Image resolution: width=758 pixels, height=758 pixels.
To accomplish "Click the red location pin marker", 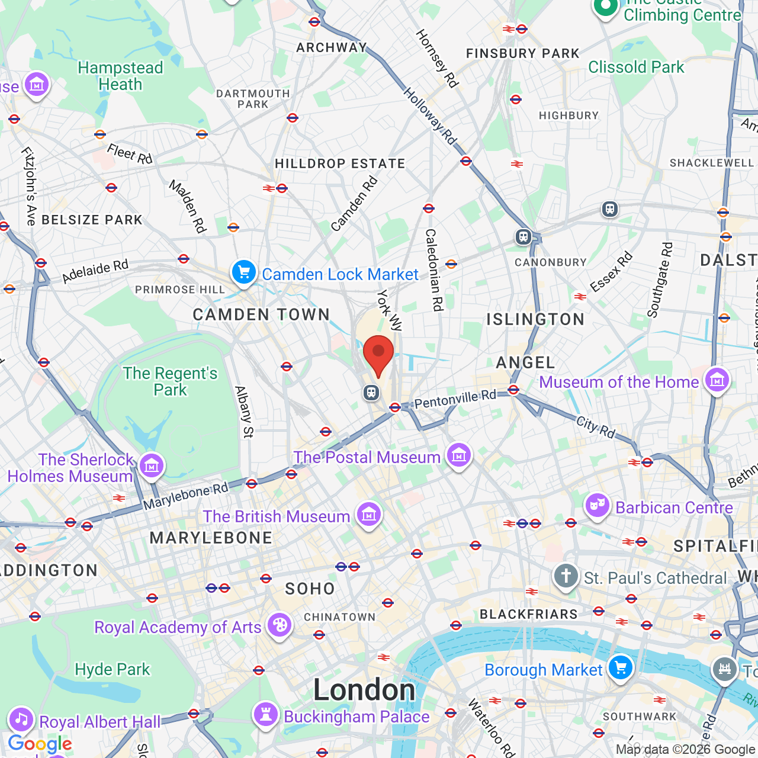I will [x=378, y=354].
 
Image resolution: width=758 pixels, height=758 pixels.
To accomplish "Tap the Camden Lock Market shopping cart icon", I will [x=243, y=272].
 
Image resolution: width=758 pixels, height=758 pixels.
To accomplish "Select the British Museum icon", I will [x=369, y=515].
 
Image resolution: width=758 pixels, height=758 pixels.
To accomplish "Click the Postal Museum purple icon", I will [x=459, y=455].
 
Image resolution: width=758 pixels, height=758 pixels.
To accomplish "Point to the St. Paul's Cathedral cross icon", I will [x=566, y=576].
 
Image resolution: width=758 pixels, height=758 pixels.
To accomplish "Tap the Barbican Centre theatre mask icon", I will [x=598, y=506].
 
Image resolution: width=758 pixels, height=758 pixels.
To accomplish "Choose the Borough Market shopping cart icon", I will [x=620, y=668].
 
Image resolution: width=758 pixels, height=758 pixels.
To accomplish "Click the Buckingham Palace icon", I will [x=266, y=715].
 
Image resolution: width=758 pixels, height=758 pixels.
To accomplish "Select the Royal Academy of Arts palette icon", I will [x=279, y=625].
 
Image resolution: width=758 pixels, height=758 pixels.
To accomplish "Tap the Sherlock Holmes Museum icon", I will [x=152, y=465].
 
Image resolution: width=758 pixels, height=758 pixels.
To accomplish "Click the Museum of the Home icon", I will [x=717, y=380].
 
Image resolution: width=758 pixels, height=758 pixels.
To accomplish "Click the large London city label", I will [x=364, y=690].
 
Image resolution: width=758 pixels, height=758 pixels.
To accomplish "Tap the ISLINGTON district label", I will [x=535, y=320].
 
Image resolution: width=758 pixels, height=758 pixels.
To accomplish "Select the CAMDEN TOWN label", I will [x=261, y=314].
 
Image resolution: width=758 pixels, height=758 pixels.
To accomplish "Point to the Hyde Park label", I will [x=113, y=669].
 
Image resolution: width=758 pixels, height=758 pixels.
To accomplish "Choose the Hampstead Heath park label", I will [x=120, y=76].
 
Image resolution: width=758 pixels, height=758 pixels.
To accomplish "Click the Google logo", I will [x=40, y=744].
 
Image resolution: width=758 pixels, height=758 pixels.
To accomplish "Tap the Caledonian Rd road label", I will [x=434, y=269].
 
